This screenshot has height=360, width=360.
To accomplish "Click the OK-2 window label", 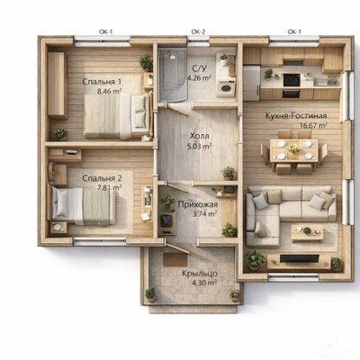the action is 198,31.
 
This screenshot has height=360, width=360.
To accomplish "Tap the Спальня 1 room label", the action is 102,82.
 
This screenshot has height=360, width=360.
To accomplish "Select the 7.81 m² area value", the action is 110,188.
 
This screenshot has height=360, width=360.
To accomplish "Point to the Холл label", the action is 199,136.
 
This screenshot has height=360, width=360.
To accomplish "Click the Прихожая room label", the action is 198,205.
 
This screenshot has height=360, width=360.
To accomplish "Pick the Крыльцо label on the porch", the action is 200,274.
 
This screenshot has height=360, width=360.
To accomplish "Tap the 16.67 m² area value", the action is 313,125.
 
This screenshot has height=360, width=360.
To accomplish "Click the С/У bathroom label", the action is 200,68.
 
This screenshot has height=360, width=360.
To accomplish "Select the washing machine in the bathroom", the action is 226,88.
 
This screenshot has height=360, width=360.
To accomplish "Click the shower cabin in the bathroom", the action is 173,75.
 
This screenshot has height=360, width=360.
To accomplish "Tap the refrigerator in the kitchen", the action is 251,83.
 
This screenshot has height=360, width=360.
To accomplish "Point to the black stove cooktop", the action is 292,80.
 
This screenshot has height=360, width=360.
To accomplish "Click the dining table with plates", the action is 293,150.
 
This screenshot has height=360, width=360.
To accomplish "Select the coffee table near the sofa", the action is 307,233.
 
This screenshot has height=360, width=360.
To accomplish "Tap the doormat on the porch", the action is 175,260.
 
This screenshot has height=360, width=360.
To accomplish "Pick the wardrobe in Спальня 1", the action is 58,85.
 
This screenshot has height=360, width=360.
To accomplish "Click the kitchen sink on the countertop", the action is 320,81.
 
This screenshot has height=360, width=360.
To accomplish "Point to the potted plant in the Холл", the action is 229,173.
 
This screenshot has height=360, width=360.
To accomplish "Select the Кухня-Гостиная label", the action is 296,115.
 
